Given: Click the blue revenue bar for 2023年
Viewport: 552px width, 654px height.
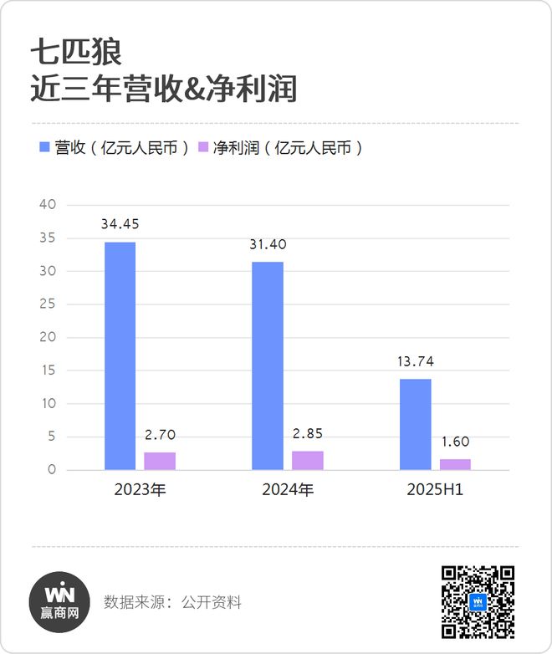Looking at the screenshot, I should pos(120,355).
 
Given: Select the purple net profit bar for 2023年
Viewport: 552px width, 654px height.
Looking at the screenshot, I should pos(160,461).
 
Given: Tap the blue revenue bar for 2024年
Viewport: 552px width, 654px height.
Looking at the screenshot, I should pos(268,365).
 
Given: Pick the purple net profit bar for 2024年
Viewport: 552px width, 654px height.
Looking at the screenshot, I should pos(308,460).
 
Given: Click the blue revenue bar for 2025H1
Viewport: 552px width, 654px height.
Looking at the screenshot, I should pos(416,424).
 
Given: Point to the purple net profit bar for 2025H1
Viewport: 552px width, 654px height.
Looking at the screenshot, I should pos(456,464).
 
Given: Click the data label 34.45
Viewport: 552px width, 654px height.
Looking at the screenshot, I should pos(120,225).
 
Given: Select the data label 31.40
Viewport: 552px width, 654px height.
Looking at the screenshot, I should pos(268,244).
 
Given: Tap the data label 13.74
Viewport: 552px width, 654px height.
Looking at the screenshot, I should pos(416,361).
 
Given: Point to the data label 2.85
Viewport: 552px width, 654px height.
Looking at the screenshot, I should pos(308,434).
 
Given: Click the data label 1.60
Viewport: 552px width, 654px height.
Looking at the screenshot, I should pos(456,442).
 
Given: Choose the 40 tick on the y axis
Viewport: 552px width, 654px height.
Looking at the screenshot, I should pos(48,205).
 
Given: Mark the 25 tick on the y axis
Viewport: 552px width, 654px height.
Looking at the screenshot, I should pos(48,304).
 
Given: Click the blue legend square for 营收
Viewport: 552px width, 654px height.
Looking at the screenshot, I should pos(45,148).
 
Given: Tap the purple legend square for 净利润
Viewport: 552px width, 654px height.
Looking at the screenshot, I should pos(202,148).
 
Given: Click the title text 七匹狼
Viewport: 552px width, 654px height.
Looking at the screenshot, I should pos(76,52).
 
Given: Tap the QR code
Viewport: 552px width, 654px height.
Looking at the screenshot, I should pos(478,601).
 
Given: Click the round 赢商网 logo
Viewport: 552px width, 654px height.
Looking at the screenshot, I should pos(59,601).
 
